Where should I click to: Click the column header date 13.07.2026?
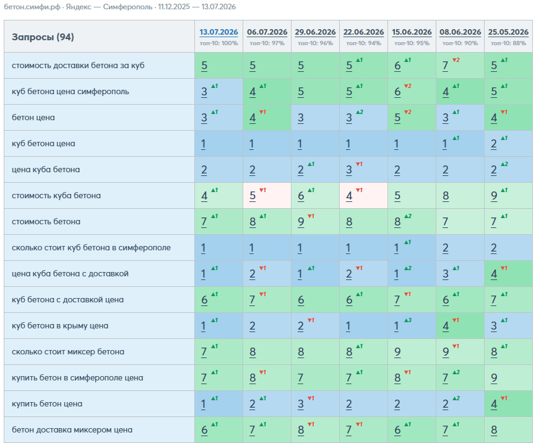(x=218, y=32)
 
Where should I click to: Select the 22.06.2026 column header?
(x=363, y=32)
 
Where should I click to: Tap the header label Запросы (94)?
(x=43, y=37)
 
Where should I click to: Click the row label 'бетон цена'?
(x=33, y=117)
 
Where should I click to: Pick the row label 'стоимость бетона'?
(x=46, y=222)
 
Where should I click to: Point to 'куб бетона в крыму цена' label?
(x=60, y=326)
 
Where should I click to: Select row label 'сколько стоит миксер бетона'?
(x=68, y=352)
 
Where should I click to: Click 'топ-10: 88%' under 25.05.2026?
(x=508, y=43)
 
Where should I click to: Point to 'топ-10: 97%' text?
(x=267, y=43)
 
